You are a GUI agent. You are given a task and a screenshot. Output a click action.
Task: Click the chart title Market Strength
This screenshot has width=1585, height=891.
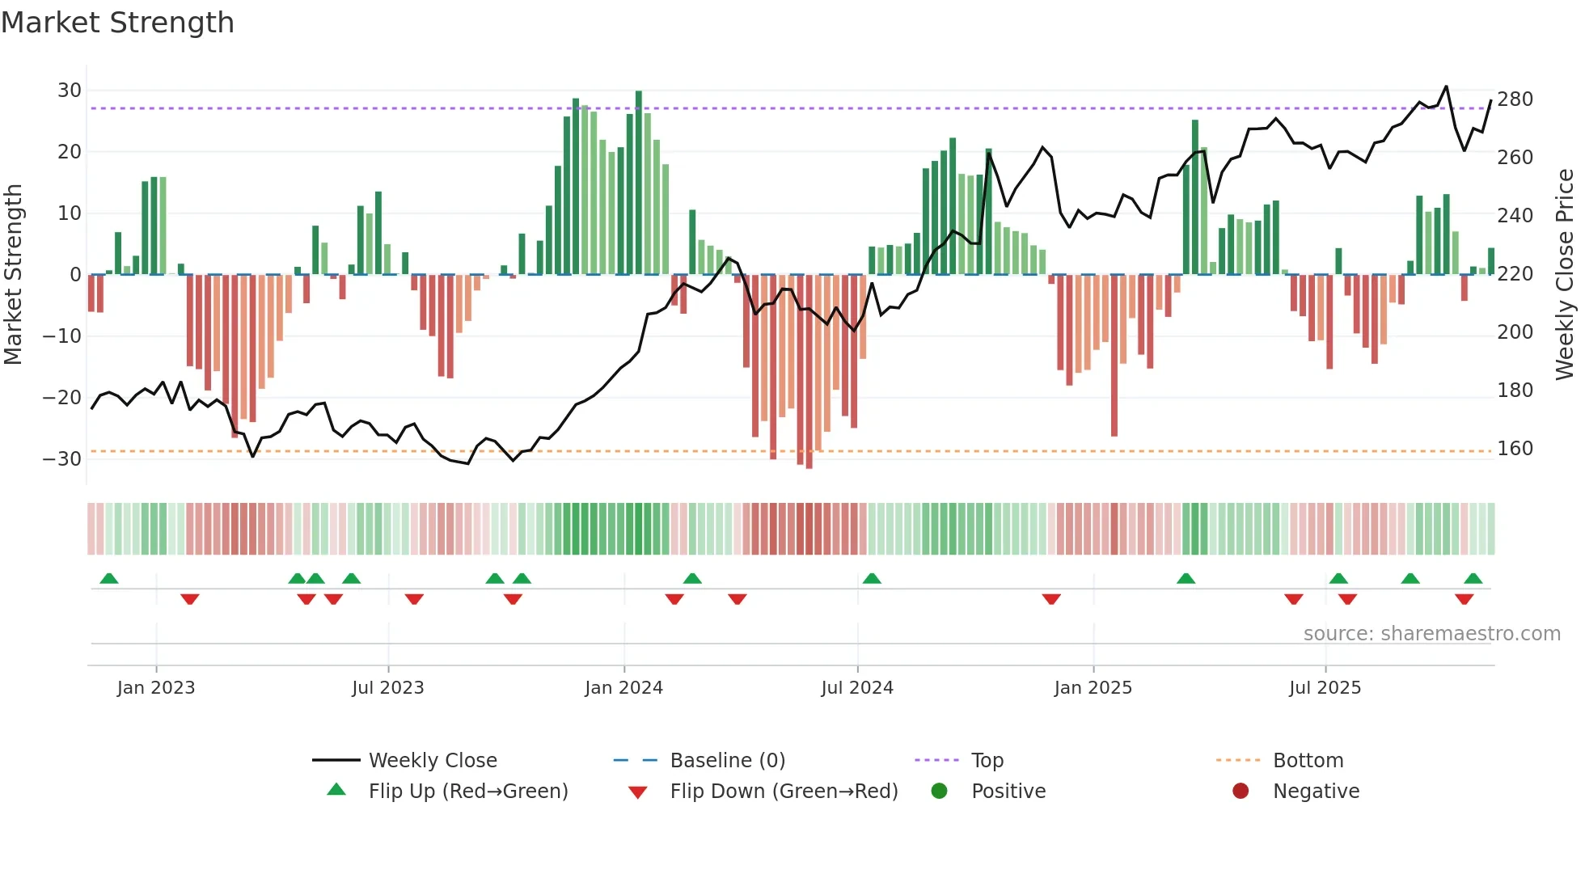pos(117,23)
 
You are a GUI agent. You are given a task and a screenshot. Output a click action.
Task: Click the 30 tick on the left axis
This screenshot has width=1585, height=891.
pos(70,91)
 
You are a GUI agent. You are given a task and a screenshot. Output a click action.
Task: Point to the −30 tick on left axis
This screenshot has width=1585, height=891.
pos(62,459)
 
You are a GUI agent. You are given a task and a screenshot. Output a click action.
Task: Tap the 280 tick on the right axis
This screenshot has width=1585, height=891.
pos(1515,99)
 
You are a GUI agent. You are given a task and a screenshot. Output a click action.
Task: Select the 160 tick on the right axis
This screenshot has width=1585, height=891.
pos(1515,449)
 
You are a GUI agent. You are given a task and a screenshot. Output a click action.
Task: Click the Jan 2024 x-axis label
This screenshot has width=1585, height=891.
pos(623,688)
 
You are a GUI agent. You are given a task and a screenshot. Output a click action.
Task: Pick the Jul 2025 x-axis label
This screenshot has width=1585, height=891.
pos(1325,688)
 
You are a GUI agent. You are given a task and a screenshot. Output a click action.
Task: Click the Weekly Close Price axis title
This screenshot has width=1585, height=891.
pos(1565,275)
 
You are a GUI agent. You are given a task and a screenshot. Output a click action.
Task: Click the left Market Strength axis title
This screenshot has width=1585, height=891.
pos(14,275)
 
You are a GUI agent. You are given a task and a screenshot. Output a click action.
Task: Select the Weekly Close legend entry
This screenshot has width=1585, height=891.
pos(433,761)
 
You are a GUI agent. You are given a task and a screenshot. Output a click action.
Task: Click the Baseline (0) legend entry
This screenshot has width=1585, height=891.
pos(727,761)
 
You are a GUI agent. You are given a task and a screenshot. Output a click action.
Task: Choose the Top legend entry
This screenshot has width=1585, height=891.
pos(987,761)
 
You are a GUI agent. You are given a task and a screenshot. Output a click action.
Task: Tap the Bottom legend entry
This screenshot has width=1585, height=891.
pos(1308,761)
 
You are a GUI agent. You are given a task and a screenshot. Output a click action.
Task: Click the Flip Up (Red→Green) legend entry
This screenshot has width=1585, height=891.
pos(468,792)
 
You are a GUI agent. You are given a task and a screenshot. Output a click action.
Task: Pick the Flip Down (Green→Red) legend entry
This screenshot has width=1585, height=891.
pos(784,792)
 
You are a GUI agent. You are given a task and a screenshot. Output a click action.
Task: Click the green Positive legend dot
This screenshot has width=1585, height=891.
pos(939,791)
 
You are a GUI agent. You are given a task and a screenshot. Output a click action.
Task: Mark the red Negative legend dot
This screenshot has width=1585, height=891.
pos(1241,791)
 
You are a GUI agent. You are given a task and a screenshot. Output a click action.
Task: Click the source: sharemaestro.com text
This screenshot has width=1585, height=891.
pos(1431,634)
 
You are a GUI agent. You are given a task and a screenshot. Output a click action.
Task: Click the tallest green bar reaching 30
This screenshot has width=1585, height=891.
pos(639,182)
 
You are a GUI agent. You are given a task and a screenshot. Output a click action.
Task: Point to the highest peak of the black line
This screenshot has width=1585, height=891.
pos(1446,87)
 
